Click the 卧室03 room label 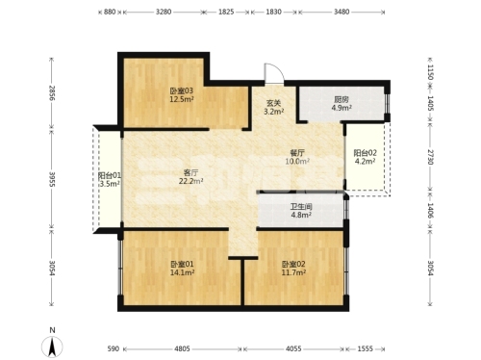tap(182, 91)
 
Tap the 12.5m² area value tap(182, 99)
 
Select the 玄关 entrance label tap(273, 103)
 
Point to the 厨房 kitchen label tap(342, 99)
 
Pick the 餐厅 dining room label tap(297, 153)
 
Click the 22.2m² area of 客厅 tap(190, 181)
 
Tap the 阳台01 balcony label tap(110, 175)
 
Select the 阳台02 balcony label tap(365, 153)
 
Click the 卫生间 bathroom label tap(301, 207)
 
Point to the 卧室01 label tap(182, 265)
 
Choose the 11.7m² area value tap(293, 272)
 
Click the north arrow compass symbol tap(52, 347)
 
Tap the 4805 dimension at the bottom tap(182, 348)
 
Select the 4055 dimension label tap(293, 348)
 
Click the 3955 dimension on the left tap(52, 180)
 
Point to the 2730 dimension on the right tap(430, 157)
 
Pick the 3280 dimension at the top tap(164, 12)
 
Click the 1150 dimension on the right tap(430, 72)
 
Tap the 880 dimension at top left tap(110, 12)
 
